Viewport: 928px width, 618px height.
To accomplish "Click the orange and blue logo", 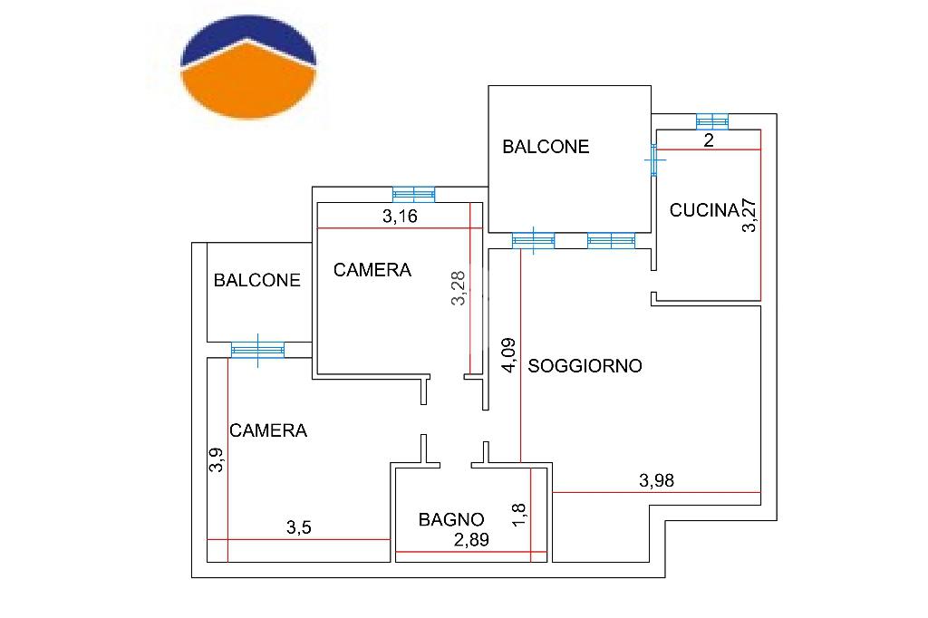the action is [248, 67].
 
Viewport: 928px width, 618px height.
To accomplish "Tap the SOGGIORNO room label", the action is [585, 366].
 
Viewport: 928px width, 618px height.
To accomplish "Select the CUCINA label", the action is [704, 210].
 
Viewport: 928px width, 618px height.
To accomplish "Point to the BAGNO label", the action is [451, 520].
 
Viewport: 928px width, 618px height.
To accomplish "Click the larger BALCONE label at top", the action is [546, 147].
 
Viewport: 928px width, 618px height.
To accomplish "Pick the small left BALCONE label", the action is [256, 280].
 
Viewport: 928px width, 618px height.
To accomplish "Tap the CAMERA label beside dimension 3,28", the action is [372, 270].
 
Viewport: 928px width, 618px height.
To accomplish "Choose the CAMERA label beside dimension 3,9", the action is [268, 430].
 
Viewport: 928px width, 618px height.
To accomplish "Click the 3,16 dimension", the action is [400, 217].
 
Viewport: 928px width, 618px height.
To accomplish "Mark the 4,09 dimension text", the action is [509, 355].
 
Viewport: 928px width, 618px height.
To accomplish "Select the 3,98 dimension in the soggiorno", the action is [656, 480].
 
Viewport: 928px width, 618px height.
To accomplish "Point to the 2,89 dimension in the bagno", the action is [471, 540].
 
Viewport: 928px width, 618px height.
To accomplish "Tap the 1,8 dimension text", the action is [517, 515].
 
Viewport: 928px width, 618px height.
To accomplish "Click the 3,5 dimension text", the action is [299, 527].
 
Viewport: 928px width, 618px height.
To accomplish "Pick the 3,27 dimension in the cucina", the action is [749, 215].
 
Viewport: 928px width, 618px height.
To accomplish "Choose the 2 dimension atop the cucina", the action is [709, 140].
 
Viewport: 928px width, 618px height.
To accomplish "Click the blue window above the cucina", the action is [712, 121].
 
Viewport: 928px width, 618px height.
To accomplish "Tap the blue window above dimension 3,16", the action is [413, 195].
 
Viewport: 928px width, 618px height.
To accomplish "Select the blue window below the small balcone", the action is [257, 350].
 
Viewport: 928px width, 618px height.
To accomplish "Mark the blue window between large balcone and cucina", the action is [654, 159].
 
